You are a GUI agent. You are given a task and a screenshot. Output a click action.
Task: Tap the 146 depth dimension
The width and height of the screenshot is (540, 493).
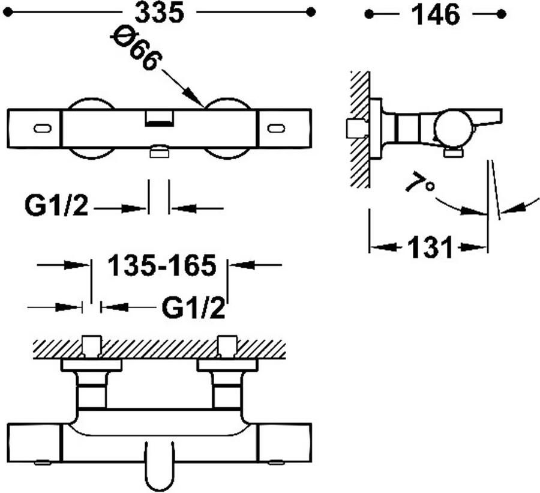436,15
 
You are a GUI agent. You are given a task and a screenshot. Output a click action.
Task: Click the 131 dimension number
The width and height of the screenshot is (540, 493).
430,247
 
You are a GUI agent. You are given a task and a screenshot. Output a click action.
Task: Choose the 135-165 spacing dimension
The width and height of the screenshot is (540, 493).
162,265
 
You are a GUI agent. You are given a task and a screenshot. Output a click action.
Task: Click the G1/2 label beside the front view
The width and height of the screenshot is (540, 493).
56,206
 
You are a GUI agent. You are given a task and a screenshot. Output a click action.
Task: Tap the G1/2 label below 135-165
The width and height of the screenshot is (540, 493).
193,308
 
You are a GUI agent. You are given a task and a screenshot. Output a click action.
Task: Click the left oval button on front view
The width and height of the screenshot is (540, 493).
43,129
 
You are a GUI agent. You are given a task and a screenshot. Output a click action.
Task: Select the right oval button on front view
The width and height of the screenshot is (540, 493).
276,129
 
